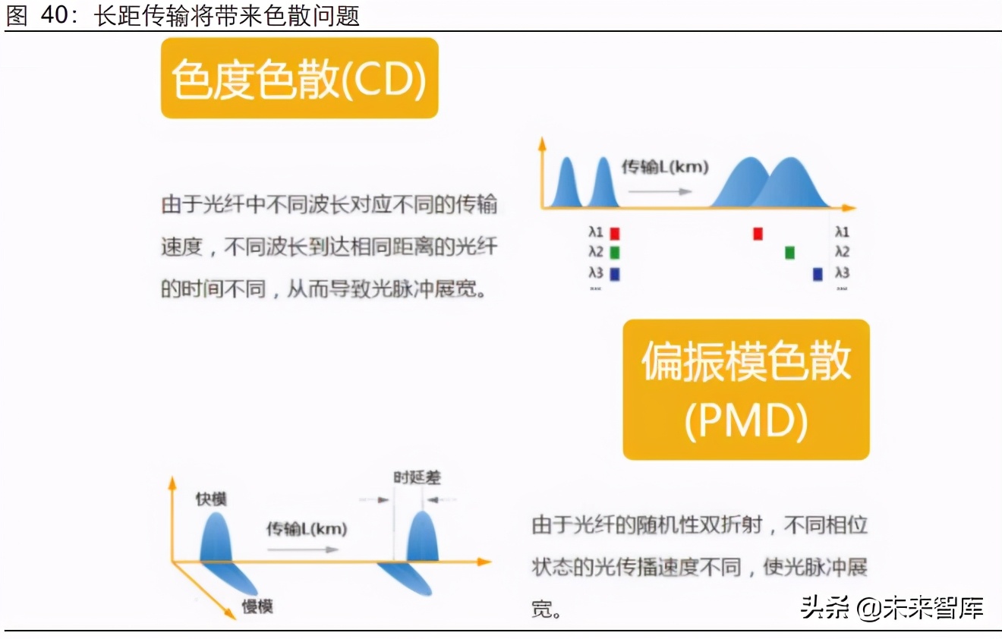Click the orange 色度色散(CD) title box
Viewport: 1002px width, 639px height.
coord(299,78)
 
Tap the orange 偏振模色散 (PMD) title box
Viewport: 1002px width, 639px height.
coord(745,389)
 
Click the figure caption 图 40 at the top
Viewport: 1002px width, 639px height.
coord(182,16)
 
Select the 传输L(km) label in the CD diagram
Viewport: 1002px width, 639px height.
coord(664,167)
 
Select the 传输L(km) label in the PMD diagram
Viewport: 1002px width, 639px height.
coord(306,529)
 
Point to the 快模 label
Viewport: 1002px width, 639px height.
coord(211,499)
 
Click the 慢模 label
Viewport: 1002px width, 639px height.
coord(257,606)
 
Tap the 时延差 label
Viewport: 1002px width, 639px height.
coord(417,477)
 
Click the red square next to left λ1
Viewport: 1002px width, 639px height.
coord(615,233)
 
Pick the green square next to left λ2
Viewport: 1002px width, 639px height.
coord(615,253)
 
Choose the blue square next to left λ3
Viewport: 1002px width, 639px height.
coord(615,274)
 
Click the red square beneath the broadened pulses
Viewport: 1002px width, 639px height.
coord(758,233)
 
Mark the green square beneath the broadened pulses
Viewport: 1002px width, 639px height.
coord(789,253)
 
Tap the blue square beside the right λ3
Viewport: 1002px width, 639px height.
coord(818,274)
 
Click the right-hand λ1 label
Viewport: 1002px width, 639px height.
coord(842,232)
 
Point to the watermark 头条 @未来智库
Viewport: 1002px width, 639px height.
coord(892,607)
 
